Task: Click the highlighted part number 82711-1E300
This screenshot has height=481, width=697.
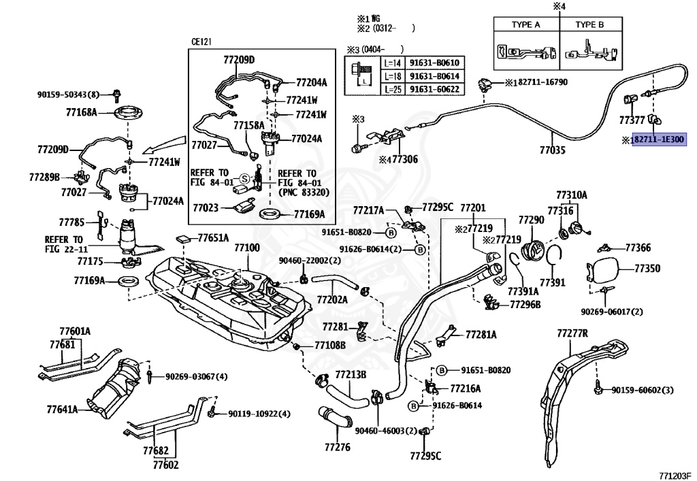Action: (659, 140)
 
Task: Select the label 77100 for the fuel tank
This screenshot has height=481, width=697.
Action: (247, 248)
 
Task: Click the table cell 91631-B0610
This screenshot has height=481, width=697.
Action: (434, 63)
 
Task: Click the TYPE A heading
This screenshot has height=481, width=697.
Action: (526, 25)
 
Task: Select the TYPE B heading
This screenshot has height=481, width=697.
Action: (589, 25)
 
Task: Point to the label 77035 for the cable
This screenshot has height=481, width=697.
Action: (553, 150)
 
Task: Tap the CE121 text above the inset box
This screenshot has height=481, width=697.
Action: (201, 42)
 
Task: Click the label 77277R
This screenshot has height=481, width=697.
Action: (572, 333)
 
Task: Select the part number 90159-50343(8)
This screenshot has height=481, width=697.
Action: (69, 94)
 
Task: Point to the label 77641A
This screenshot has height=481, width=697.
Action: (62, 409)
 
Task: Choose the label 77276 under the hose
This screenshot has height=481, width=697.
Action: (338, 447)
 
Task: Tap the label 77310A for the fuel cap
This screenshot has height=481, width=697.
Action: (572, 195)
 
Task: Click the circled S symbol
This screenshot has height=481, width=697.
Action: (244, 178)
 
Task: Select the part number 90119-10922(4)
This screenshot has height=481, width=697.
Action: (259, 414)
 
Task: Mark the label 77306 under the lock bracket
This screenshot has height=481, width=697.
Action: (405, 159)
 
